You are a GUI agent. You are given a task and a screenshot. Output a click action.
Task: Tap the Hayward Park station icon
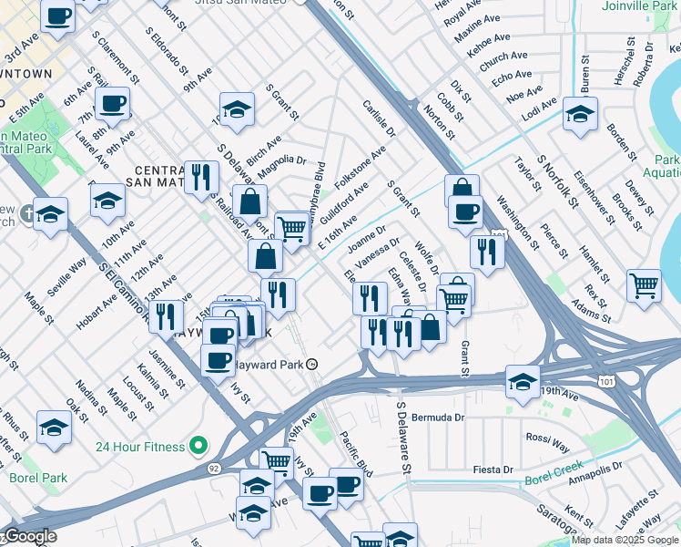pos(312,364)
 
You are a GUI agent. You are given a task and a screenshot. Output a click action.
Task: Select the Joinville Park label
pos(639,5)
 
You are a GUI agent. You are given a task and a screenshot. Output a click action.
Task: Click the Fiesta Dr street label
pos(493,470)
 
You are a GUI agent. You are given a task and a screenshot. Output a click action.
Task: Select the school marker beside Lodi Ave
pos(580,115)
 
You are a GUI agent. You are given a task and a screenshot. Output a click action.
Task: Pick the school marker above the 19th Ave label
pos(523,381)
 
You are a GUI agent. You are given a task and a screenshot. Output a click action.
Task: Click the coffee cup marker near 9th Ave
pos(113,104)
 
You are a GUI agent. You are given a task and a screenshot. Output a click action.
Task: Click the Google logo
pos(29,537)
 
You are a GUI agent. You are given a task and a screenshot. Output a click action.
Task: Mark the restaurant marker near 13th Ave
pos(165,315)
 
